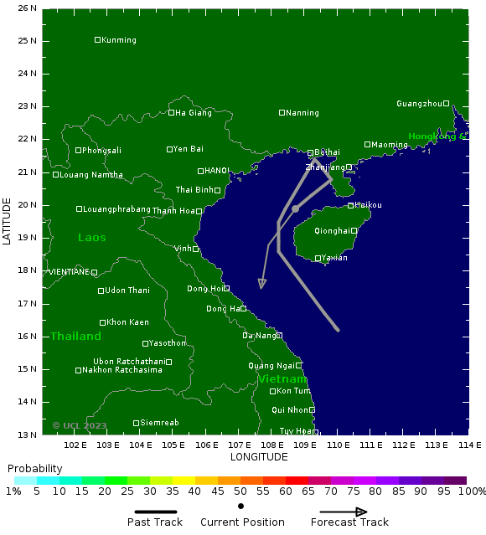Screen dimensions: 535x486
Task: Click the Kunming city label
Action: (x=118, y=40)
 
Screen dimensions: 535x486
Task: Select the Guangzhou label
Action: (x=419, y=104)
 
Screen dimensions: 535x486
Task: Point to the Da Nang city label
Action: (x=259, y=336)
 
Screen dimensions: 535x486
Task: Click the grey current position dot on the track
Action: (x=295, y=208)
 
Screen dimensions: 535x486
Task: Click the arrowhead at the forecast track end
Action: (x=262, y=285)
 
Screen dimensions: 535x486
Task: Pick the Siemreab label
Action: (x=159, y=423)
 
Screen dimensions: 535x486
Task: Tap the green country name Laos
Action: (x=92, y=238)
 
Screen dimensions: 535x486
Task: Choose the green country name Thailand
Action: (x=75, y=337)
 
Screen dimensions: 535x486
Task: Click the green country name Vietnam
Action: (x=282, y=379)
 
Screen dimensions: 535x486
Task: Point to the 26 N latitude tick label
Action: (x=28, y=8)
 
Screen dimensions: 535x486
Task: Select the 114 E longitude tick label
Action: (x=469, y=445)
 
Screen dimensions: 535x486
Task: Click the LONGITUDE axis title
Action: (x=259, y=457)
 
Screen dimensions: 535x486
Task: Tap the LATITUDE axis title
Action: (x=8, y=221)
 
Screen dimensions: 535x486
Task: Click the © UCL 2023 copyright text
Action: (x=80, y=425)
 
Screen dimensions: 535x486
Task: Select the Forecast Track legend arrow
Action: (x=349, y=512)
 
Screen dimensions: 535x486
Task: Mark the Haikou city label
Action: (x=368, y=205)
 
